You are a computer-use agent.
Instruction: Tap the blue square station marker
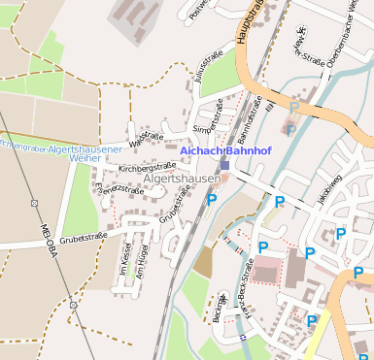[224, 165]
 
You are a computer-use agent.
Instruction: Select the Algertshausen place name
[181, 180]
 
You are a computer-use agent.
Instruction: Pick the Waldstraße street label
[146, 138]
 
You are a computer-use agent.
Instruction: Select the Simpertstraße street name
[208, 115]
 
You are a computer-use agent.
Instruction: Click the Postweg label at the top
[201, 9]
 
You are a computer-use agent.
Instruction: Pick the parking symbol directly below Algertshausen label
[212, 200]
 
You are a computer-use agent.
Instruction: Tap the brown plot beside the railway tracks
[204, 259]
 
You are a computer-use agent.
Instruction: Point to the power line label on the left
[45, 244]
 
